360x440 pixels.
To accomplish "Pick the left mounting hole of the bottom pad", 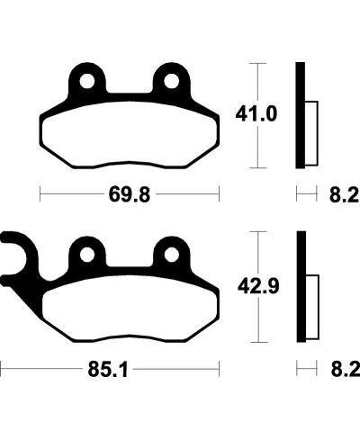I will click(x=85, y=255).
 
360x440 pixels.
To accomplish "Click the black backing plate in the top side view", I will click(x=301, y=115).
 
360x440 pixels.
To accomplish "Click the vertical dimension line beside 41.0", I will click(x=259, y=115).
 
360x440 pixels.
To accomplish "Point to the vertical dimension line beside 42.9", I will click(x=259, y=287).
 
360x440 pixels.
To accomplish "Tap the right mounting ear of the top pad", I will click(x=170, y=74).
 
